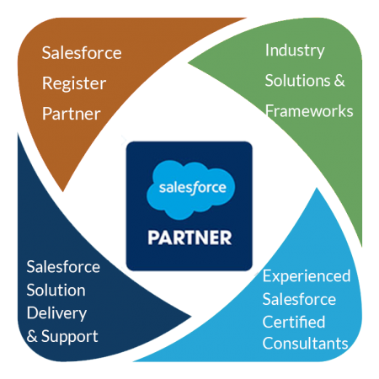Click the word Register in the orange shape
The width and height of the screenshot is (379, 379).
(74, 84)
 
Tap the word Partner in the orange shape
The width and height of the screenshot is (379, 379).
(72, 114)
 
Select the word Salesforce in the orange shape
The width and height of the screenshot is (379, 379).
(82, 53)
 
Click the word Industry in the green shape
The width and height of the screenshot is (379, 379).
(295, 51)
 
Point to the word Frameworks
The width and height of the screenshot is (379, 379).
(309, 111)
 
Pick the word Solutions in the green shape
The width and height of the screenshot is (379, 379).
(298, 81)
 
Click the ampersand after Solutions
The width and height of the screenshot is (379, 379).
(339, 81)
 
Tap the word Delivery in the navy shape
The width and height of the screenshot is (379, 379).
(56, 313)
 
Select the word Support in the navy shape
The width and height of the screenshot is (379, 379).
(70, 337)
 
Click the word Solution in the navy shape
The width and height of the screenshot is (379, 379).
(56, 290)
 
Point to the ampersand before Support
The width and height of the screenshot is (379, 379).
(32, 336)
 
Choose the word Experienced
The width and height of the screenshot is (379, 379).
(307, 276)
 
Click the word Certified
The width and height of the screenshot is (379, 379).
(294, 322)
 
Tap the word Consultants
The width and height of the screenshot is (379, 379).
(305, 344)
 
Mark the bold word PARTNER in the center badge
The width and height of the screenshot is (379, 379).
(189, 238)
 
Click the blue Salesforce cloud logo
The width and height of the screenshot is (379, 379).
(190, 189)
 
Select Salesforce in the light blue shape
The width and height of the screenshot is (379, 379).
(299, 299)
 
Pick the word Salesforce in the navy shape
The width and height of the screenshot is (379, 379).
(63, 267)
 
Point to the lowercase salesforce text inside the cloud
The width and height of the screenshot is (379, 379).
(192, 188)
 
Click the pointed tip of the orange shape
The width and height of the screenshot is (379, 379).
(63, 192)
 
